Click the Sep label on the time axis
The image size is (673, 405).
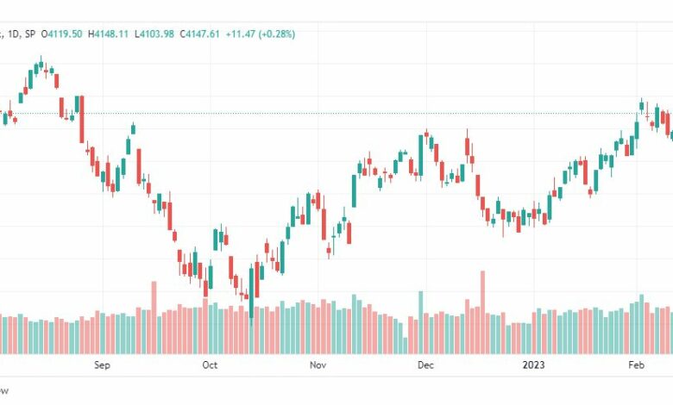(x=102, y=365)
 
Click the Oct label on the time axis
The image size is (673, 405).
(x=210, y=365)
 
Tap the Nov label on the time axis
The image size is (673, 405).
(x=318, y=365)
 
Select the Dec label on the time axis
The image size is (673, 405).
(x=425, y=365)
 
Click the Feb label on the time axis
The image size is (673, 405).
(x=636, y=365)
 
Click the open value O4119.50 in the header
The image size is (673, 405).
(x=65, y=34)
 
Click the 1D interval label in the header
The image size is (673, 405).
(x=18, y=34)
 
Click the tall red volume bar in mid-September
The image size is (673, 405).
(x=154, y=317)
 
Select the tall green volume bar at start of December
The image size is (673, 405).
(x=421, y=322)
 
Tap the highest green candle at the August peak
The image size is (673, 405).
(x=40, y=64)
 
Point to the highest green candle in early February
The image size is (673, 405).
(x=642, y=105)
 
